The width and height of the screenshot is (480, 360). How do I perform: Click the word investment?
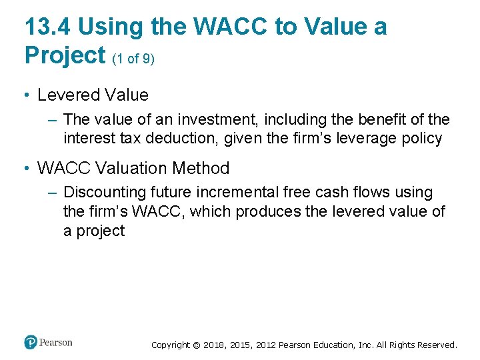click(217, 119)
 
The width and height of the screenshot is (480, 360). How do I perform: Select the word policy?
click(419, 139)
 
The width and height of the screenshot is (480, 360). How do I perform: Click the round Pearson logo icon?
click(31, 343)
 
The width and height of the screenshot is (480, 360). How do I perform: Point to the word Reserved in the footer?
click(437, 345)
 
